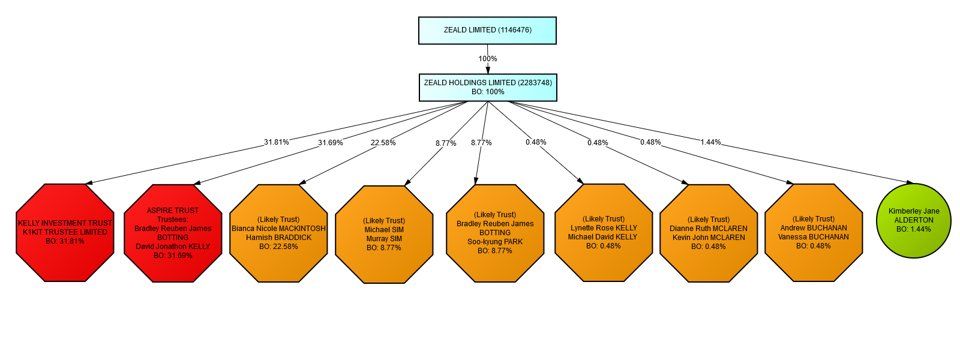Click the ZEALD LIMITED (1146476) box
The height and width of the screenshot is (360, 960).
[487, 30]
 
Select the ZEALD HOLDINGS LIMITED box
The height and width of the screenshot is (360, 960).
[488, 87]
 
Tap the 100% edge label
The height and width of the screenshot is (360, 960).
[488, 59]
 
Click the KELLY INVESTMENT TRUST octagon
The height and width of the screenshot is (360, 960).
[65, 233]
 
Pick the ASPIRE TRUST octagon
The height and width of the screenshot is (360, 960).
[173, 233]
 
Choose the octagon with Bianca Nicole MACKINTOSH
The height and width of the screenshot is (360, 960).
[278, 233]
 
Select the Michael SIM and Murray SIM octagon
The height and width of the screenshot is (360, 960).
[384, 235]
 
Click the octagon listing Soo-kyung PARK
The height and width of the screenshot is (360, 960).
[495, 233]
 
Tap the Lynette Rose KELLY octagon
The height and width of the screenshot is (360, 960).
[604, 233]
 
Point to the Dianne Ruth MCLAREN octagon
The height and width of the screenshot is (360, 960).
[709, 233]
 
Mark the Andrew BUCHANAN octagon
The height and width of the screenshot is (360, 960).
[814, 233]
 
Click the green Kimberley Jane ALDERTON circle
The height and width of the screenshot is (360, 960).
[914, 221]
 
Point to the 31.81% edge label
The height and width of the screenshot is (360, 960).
[277, 142]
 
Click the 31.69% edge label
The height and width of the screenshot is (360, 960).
[331, 143]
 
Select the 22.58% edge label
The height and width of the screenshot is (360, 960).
[383, 143]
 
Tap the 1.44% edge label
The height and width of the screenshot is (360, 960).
[710, 142]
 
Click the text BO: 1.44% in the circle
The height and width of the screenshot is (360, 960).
[914, 229]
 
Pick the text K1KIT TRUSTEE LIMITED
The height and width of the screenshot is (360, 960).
[65, 232]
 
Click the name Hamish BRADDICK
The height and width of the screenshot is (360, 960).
[278, 238]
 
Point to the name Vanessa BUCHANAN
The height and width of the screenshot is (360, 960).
[814, 237]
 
